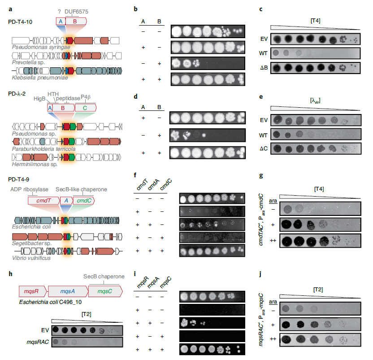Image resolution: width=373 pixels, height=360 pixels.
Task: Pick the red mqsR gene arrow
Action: pos(31,291)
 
